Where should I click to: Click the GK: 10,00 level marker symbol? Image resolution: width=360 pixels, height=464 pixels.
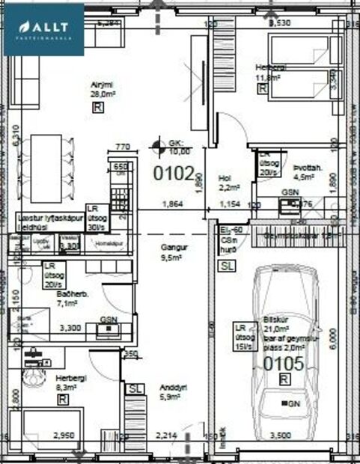pyautogui.click(x=156, y=144)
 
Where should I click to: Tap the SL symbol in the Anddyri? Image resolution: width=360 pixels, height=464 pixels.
pyautogui.click(x=135, y=389)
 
